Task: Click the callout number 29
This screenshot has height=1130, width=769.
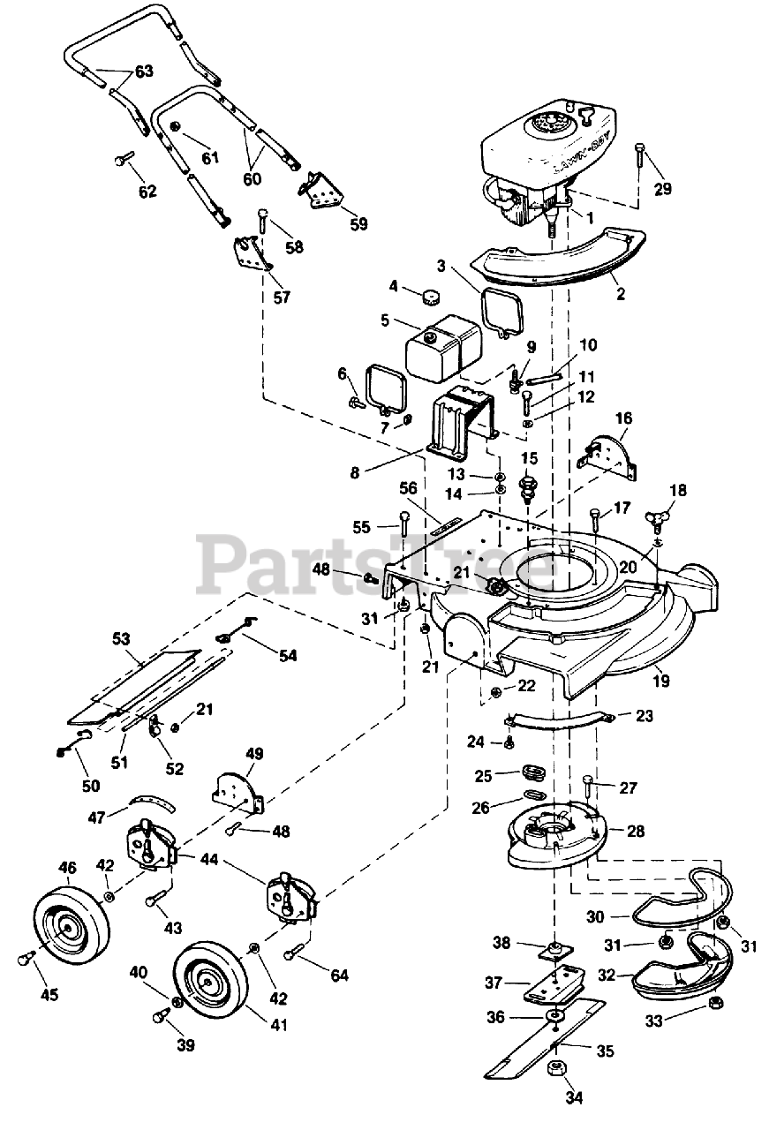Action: [x=661, y=189]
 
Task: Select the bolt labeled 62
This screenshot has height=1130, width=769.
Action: [x=124, y=160]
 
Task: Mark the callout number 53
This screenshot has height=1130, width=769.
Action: [x=122, y=637]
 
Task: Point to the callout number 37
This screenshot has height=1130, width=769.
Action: [x=493, y=982]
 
